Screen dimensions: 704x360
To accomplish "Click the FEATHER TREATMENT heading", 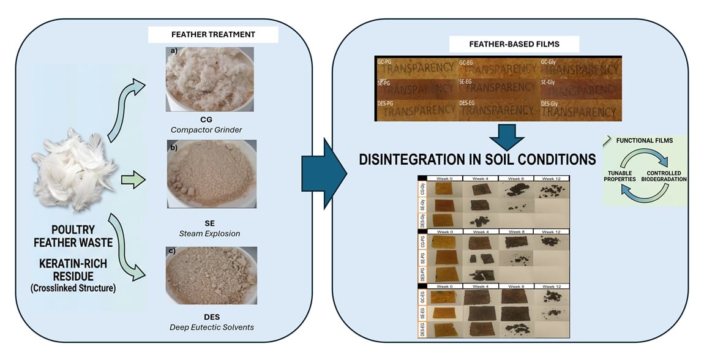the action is [213, 35].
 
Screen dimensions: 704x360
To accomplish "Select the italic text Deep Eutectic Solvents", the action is [212, 328].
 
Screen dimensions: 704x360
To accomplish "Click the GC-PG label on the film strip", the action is [386, 61].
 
